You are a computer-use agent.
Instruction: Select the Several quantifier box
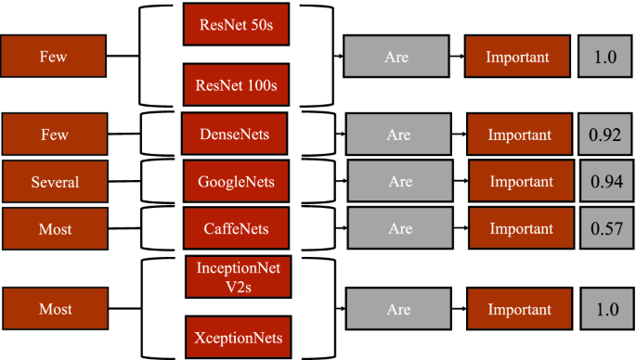pos(54,182)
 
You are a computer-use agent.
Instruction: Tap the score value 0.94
pos(605,182)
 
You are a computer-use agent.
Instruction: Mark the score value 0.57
pos(605,228)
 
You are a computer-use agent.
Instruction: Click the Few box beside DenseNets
pos(54,135)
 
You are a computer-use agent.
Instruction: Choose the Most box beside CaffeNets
pos(54,228)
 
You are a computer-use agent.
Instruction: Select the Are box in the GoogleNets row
pos(400,182)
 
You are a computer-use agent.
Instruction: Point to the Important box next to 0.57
pos(520,228)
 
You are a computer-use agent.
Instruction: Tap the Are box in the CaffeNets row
pos(400,228)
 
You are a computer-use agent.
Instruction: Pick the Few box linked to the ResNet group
pos(53,58)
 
